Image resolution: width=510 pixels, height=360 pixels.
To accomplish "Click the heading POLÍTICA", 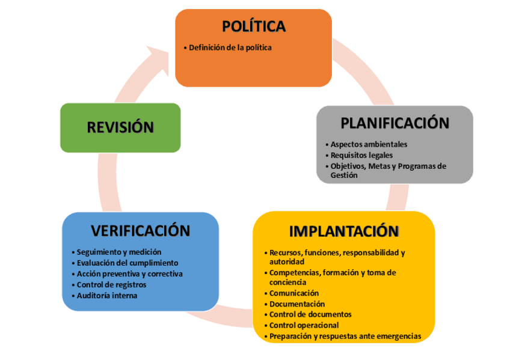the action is (253, 26).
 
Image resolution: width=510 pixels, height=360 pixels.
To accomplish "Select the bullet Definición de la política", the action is (230, 47).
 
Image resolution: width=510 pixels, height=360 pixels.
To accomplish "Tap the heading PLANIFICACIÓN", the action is (395, 123).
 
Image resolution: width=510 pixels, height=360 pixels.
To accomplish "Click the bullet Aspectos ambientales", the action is (369, 144).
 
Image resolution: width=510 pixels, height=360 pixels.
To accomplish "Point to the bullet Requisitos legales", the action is (361, 155).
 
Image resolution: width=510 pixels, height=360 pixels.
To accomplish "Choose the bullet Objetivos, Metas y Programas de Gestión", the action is (388, 171).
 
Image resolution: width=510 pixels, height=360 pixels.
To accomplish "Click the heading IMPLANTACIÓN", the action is (343, 231).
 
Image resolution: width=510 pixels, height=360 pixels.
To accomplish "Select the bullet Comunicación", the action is (293, 293).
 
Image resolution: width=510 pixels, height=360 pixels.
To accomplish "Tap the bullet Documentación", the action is (297, 304).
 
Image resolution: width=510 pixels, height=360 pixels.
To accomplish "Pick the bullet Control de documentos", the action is (310, 314).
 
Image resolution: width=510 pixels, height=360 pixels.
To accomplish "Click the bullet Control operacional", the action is (304, 325).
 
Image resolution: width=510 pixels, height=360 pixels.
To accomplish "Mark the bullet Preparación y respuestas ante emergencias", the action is (345, 336).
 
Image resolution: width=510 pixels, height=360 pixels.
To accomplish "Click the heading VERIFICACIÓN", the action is (140, 231).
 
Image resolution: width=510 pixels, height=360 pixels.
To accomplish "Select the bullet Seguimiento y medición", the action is (119, 252).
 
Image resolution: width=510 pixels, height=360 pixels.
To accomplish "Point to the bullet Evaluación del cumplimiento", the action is (127, 263).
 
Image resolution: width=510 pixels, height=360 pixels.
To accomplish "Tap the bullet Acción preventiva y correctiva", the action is (130, 273).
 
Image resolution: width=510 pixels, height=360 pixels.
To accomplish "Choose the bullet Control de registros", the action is (112, 284).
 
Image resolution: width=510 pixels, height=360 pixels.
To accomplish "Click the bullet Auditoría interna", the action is (107, 295).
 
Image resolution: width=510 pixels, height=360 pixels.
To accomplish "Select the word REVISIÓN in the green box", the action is (120, 127).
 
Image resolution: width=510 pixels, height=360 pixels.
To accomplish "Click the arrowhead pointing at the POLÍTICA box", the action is (161, 61).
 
